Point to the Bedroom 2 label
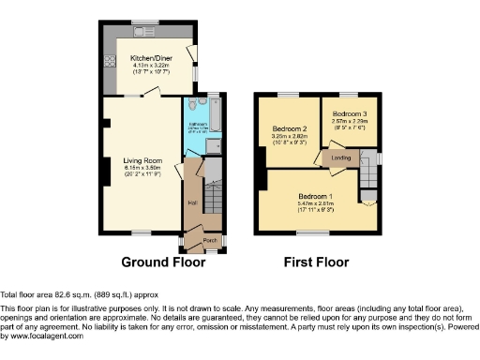click(290, 129)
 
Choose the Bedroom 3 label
click(350, 113)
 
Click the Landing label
click(341, 158)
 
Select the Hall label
click(192, 202)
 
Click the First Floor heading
click(316, 262)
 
